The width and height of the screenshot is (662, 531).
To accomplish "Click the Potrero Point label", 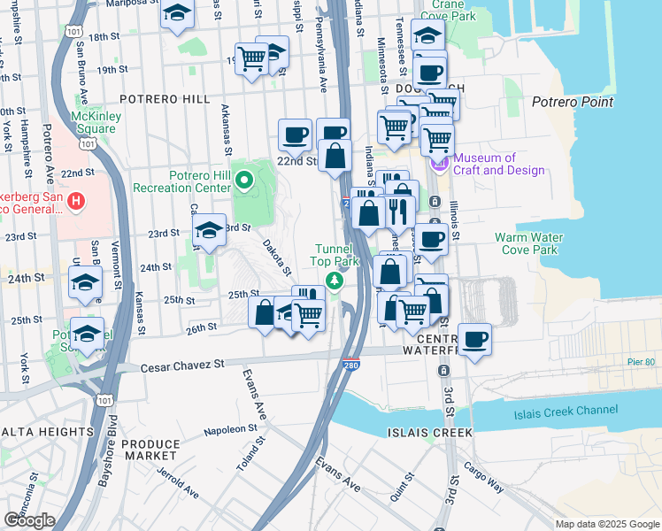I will coord(573,102).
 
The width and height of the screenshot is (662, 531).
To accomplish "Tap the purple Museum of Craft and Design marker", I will coord(439,164).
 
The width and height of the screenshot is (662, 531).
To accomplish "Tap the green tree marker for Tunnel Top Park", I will coord(335,281).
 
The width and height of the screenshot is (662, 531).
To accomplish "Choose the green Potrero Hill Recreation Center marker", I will coord(247,182).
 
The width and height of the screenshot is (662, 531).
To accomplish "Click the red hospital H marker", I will coord(77,202).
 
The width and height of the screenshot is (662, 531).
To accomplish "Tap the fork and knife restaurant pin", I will coord(398,212).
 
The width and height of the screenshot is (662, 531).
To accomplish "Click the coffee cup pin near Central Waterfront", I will coord(474,339).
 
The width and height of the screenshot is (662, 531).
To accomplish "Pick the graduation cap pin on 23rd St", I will coord(209,231).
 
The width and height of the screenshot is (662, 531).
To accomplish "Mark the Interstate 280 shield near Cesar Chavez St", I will coord(351,363).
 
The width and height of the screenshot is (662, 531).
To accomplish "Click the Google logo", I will coord(29,519).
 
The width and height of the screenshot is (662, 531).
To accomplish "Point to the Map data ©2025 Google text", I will coord(607,524).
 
